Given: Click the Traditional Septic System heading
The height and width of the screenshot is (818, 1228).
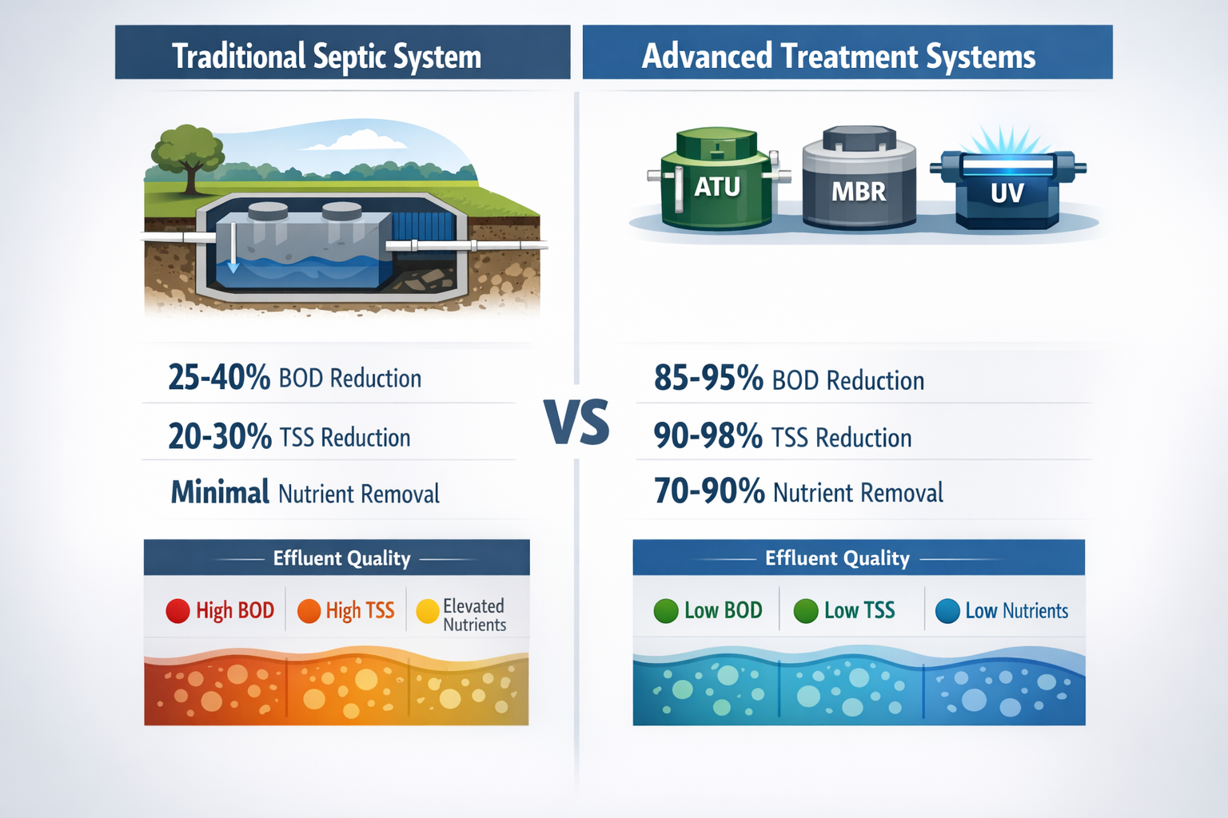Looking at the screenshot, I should coord(326,56).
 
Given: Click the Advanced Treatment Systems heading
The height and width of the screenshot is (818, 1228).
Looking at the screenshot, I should coord(838,56).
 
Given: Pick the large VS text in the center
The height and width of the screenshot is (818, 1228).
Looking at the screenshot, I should coord(576,423).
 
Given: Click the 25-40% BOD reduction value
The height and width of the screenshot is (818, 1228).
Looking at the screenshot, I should coord(218,377).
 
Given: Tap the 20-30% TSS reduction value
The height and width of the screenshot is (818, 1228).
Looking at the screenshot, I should coord(219,436).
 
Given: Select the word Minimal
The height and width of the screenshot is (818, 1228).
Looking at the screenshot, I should coord(220,492).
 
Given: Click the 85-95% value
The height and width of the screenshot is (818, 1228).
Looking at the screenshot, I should coord(708,378).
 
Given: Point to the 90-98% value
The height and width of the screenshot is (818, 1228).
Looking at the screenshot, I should coord(708,436).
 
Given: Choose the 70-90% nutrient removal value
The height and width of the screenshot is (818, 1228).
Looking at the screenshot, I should coord(709,491).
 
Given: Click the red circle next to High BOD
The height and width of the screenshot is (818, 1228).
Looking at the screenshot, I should coord(177,611).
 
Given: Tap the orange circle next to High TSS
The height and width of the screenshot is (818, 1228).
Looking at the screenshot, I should coord(309,611).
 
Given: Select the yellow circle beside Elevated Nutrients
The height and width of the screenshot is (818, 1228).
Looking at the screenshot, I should coord(428,611).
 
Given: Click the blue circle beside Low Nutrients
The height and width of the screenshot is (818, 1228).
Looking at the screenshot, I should coord(947,611).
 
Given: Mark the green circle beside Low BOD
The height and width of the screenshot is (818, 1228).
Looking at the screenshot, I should coord(665,611).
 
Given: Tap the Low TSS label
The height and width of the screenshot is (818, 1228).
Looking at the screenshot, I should coord(859,611).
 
